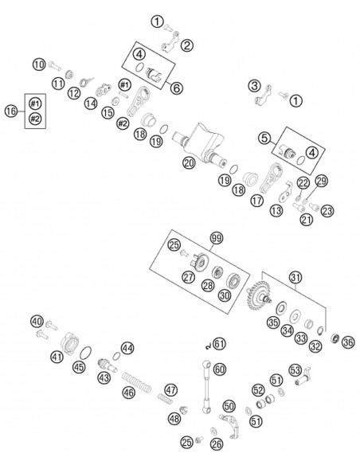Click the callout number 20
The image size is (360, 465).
click(190, 162)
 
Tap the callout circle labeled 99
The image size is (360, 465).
click(217, 238)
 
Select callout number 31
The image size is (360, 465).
click(295, 278)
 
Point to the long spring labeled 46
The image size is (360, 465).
click(136, 381)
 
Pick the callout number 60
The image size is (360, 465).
click(220, 369)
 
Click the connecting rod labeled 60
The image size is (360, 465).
click(206, 386)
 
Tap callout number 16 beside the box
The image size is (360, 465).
click(11, 111)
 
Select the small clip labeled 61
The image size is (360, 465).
click(209, 346)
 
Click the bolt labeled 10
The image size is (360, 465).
click(55, 65)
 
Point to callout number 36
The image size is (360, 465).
click(348, 342)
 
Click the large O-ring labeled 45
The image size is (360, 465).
click(86, 353)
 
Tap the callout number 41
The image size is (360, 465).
click(57, 356)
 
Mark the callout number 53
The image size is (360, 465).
click(295, 369)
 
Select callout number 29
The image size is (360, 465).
click(321, 181)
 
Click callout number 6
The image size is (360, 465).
click(176, 88)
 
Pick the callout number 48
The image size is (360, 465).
click(174, 419)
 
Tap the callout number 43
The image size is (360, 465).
click(104, 377)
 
